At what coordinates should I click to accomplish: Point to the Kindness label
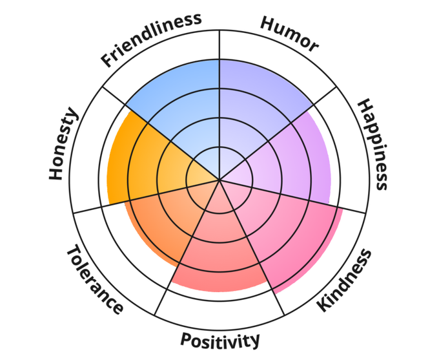pyautogui.click(x=345, y=280)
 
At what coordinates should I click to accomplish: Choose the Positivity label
pyautogui.click(x=220, y=339)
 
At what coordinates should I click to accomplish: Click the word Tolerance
pyautogui.click(x=94, y=279)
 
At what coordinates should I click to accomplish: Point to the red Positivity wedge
pyautogui.click(x=219, y=259)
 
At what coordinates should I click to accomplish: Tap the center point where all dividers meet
pyautogui.click(x=220, y=179)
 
